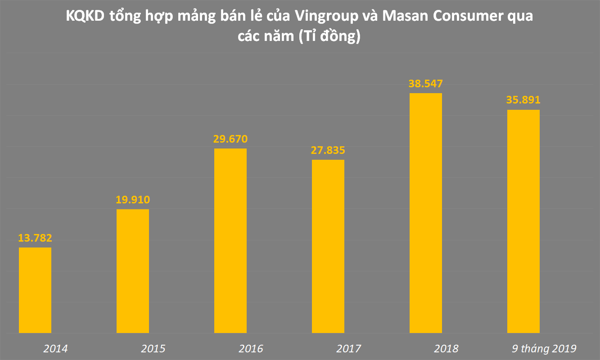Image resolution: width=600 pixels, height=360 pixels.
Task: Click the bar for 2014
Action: (x=35, y=290)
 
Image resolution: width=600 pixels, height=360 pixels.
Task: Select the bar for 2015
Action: (x=133, y=271)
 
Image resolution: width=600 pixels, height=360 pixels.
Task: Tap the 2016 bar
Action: (x=230, y=241)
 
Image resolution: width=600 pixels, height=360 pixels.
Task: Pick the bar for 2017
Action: (x=328, y=246)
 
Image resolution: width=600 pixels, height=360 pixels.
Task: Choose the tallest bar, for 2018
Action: (x=426, y=213)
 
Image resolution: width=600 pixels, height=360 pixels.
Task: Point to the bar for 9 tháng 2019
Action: (x=523, y=221)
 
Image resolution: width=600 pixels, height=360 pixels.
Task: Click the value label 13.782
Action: (x=35, y=238)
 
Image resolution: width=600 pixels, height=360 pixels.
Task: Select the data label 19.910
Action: (x=133, y=200)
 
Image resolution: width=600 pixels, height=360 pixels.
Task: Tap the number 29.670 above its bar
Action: (x=230, y=139)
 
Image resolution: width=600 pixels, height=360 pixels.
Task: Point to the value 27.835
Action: (x=328, y=150)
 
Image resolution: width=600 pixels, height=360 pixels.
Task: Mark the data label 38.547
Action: (x=426, y=84)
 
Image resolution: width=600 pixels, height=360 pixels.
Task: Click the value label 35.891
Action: (x=523, y=100)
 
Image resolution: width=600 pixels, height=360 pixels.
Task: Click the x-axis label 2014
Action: (x=55, y=349)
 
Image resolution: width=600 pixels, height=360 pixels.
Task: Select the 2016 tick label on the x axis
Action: (x=251, y=349)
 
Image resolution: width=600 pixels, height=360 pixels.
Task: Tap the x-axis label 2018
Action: (x=446, y=349)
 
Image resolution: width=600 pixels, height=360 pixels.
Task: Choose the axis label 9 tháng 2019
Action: (x=544, y=349)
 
